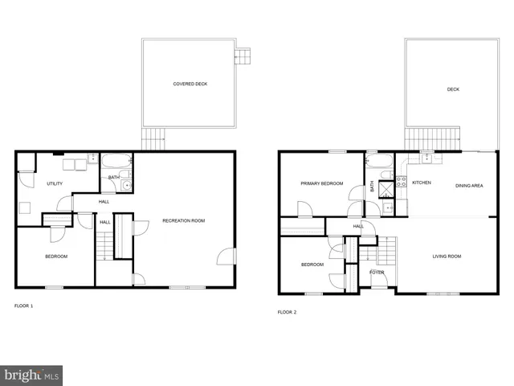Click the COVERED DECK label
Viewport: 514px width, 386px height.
click(190, 84)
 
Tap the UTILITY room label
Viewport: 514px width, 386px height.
click(55, 184)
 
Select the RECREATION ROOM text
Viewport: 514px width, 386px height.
click(184, 220)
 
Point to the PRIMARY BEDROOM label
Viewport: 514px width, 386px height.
click(322, 183)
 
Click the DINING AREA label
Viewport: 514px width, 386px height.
click(469, 186)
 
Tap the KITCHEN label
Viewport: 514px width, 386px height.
click(422, 183)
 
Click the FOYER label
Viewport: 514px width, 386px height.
click(377, 273)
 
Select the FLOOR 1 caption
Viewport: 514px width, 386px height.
click(24, 306)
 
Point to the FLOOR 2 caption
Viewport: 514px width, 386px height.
click(287, 311)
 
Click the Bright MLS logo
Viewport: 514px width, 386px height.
click(31, 375)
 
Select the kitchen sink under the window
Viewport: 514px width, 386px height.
click(426, 157)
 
